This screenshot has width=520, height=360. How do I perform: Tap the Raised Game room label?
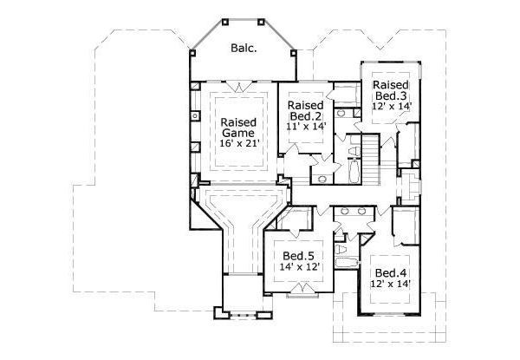coord(237,128)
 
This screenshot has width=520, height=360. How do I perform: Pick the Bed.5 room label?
coord(299,256)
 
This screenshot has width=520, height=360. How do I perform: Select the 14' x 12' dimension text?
coord(299,268)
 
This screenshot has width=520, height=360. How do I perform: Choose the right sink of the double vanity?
coord(359,211)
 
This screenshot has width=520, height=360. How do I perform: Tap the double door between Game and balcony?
coord(237,83)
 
